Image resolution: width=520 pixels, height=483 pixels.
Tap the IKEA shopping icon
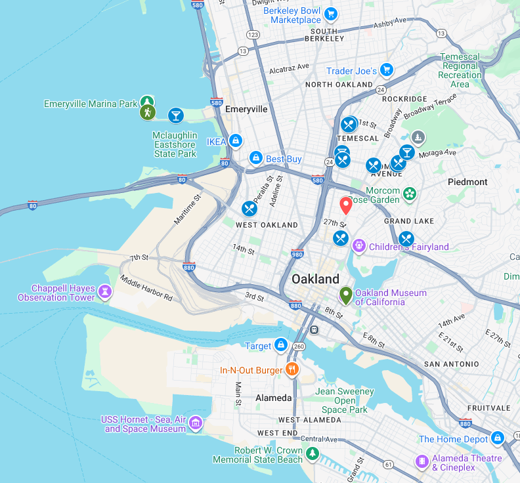(x=235, y=141)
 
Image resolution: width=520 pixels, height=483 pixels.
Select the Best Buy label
(x=284, y=159)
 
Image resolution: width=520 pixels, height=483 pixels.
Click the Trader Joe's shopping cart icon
(x=387, y=70)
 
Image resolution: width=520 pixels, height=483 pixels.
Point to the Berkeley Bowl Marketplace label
(x=292, y=15)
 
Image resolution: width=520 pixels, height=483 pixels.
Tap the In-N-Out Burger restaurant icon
(x=292, y=370)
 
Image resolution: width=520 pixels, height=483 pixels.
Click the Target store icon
(x=280, y=345)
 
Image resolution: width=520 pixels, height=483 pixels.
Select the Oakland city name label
(x=315, y=279)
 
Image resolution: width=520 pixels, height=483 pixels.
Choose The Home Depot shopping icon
(x=498, y=438)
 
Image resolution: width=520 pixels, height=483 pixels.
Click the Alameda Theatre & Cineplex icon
(x=422, y=462)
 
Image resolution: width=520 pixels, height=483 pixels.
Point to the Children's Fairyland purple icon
(x=358, y=246)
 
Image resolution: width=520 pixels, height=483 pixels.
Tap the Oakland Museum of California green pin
(x=345, y=295)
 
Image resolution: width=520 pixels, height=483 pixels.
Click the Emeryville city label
(x=246, y=109)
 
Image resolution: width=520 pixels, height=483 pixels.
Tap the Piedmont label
(x=467, y=182)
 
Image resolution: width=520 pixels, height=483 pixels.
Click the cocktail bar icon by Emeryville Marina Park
(x=175, y=116)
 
